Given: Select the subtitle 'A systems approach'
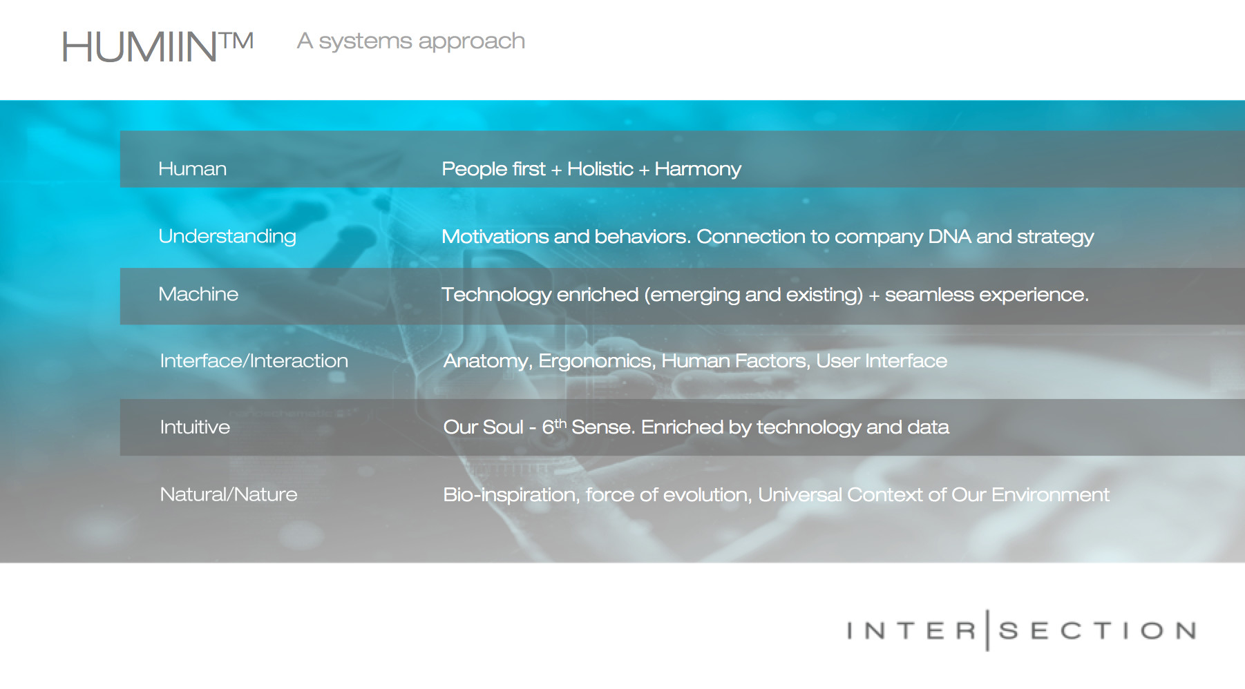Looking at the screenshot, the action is point(411,41).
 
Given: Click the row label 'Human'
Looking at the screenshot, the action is point(193,169).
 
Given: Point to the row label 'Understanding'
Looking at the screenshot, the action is point(227,237).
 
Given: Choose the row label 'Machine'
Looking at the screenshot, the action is point(198,294).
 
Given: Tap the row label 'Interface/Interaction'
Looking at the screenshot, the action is point(254,361).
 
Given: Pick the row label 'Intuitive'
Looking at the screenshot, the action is point(195,427).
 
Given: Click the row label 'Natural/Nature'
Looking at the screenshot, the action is point(229,494).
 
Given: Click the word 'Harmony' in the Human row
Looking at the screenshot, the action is point(698,170).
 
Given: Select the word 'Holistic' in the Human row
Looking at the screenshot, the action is point(600,169).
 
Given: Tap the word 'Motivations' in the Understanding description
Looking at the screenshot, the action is point(495,237).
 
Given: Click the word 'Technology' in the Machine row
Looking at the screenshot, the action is point(496,295).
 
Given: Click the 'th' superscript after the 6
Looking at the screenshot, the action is point(560,423).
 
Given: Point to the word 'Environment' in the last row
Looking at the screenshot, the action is point(1050,495).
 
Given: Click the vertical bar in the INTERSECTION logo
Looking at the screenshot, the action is point(987,630).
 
